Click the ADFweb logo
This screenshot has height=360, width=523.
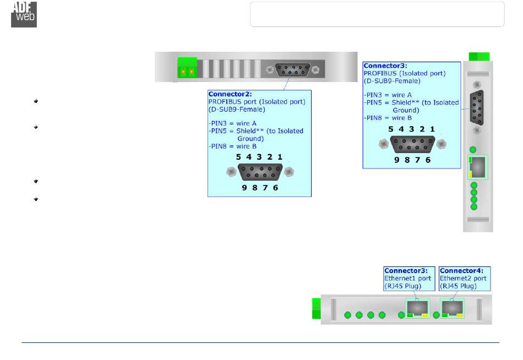[24, 14]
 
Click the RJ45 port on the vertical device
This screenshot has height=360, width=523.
[477, 167]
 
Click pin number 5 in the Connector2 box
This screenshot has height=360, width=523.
[238, 157]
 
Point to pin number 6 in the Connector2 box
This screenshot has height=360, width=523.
[275, 188]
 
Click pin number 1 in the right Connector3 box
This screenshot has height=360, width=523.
[433, 129]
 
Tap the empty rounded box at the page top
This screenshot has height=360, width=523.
[377, 14]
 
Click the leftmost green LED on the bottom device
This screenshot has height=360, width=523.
[348, 315]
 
